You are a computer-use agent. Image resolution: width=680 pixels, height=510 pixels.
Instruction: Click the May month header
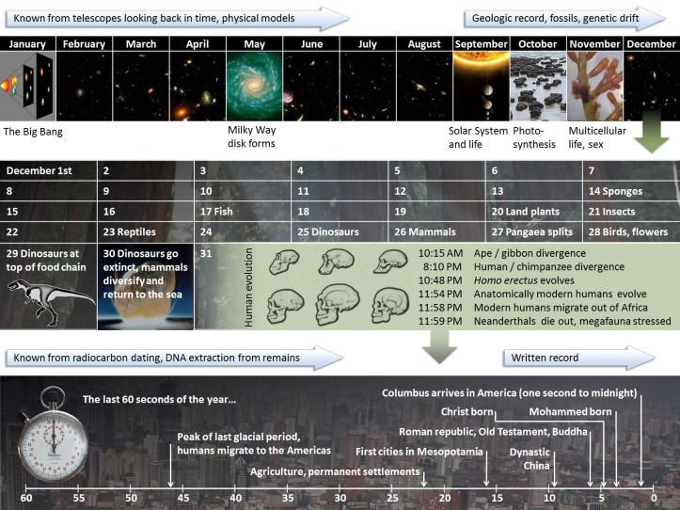click(x=254, y=44)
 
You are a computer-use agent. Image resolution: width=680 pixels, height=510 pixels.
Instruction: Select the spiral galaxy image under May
click(x=254, y=86)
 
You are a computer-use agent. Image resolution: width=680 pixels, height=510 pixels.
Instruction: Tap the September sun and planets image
click(x=481, y=86)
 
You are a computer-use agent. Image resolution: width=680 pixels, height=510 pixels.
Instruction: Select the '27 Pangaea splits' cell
click(x=531, y=231)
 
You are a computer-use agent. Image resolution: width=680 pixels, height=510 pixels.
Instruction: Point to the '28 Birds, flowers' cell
click(x=627, y=231)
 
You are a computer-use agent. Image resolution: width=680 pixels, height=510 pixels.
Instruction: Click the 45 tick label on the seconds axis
click(x=183, y=498)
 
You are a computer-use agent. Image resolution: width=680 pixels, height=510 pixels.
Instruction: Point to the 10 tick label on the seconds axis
click(x=549, y=498)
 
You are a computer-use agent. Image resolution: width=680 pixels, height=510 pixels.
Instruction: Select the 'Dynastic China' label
click(x=530, y=457)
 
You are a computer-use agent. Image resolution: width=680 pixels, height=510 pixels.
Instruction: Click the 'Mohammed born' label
click(x=571, y=411)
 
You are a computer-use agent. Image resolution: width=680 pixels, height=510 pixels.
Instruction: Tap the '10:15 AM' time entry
click(x=441, y=253)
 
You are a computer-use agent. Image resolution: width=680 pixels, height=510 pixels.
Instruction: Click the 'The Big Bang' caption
click(x=33, y=132)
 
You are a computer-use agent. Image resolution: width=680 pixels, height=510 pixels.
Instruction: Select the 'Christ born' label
click(x=467, y=411)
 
